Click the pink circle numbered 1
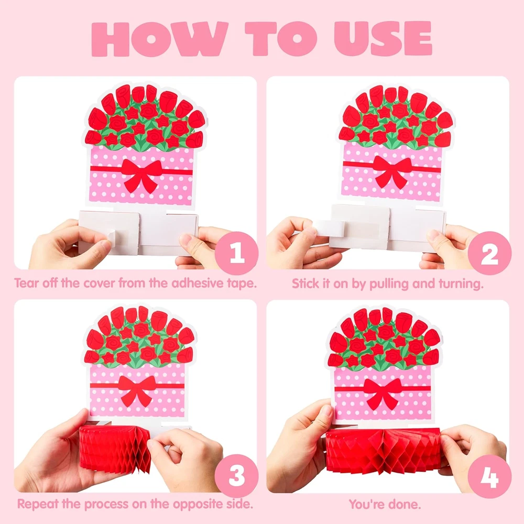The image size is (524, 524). tap(237, 253)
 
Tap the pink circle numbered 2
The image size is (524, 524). tap(489, 253)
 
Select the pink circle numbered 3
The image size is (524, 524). tap(237, 476)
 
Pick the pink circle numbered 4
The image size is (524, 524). tap(489, 476)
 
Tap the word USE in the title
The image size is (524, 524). tap(383, 39)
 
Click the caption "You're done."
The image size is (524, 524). tap(385, 504)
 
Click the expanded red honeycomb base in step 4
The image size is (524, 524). tap(384, 451)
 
